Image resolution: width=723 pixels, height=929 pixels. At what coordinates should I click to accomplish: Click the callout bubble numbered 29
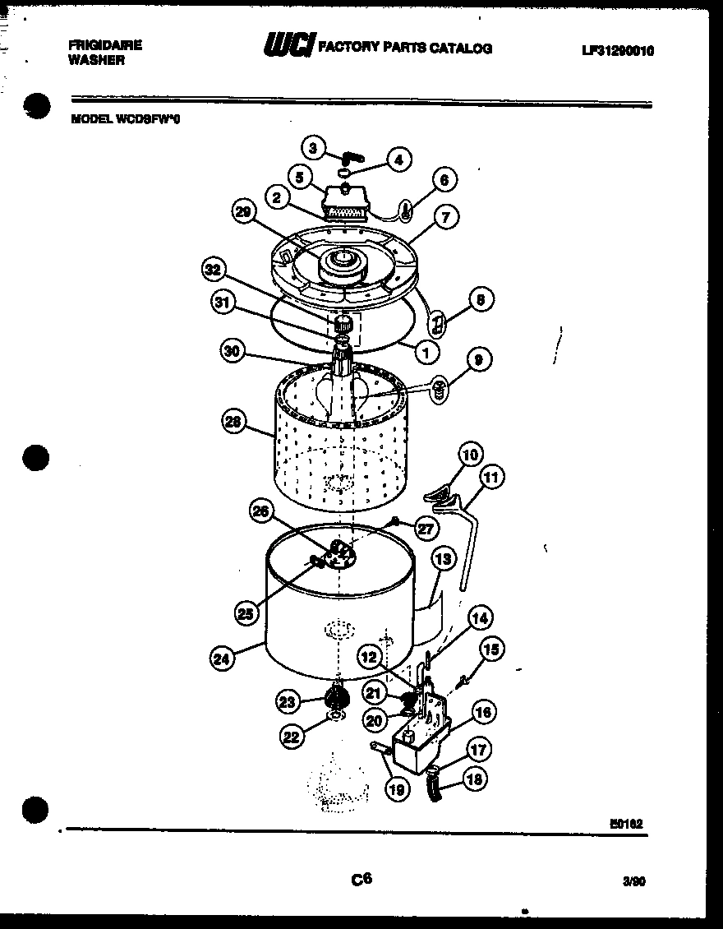click(x=242, y=213)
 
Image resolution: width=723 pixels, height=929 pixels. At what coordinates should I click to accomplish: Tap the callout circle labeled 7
click(x=444, y=218)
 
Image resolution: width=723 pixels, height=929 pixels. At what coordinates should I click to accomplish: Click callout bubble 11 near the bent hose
click(x=492, y=477)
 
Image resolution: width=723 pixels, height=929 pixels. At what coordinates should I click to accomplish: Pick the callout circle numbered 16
click(x=483, y=712)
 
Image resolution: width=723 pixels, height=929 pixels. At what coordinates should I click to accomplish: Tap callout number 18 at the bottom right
click(x=475, y=779)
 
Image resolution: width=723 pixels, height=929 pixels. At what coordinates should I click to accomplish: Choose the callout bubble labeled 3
click(x=312, y=148)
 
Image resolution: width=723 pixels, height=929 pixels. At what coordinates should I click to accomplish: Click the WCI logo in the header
click(x=287, y=49)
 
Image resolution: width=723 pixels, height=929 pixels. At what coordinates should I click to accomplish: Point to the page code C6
click(x=361, y=880)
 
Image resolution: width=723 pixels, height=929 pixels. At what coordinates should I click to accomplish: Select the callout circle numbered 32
click(x=214, y=269)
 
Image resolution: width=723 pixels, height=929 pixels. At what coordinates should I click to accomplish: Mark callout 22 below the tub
click(x=292, y=736)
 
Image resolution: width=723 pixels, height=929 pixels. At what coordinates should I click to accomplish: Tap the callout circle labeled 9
click(x=478, y=359)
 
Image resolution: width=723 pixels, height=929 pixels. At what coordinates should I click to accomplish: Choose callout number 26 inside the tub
click(x=261, y=511)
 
